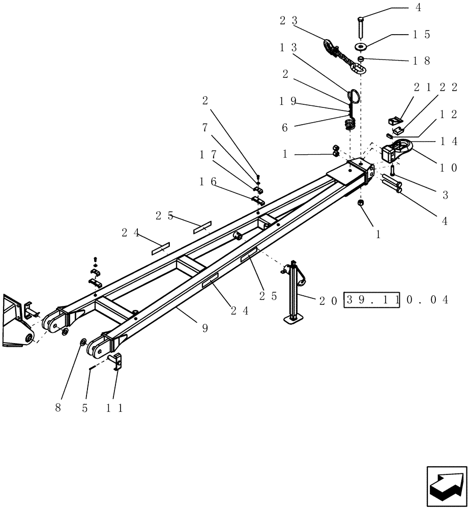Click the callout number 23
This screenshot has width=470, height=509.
(x=288, y=21)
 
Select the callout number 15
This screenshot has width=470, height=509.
(x=421, y=34)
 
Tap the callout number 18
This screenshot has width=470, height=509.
(x=421, y=61)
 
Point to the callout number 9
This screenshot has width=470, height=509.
(x=204, y=329)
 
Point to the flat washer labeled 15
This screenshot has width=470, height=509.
(x=362, y=47)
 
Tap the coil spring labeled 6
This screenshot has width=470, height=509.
(x=350, y=124)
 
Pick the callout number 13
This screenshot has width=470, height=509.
(x=288, y=47)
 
